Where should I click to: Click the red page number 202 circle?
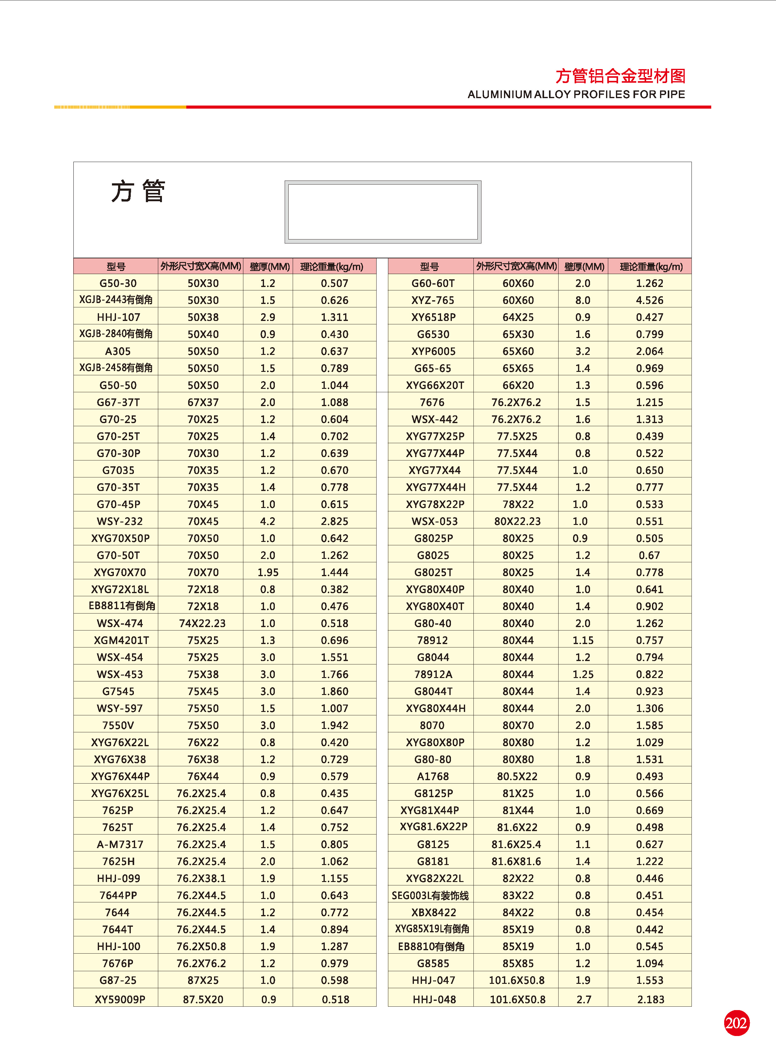pos(736,1023)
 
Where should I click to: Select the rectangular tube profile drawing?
pos(383,212)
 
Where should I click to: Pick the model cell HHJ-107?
pos(118,317)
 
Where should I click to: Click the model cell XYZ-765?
pos(433,300)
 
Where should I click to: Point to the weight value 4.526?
pos(650,300)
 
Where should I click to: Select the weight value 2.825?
pos(334,521)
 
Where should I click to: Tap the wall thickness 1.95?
pos(268,572)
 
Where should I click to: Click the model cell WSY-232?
pos(119,521)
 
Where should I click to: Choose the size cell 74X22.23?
pos(202,623)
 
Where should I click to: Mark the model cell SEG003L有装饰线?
pos(430,896)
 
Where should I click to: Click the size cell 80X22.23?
pos(517,521)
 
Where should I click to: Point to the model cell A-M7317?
pos(120,844)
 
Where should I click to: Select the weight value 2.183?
pos(650,1000)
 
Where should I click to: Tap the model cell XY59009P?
pos(120,1000)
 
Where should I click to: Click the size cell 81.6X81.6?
pos(516,861)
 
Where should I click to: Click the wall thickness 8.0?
pos(583,300)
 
